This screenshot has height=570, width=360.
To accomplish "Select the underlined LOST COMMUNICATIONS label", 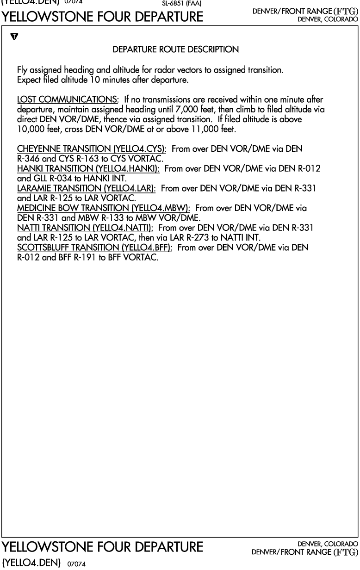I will click(68, 100).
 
